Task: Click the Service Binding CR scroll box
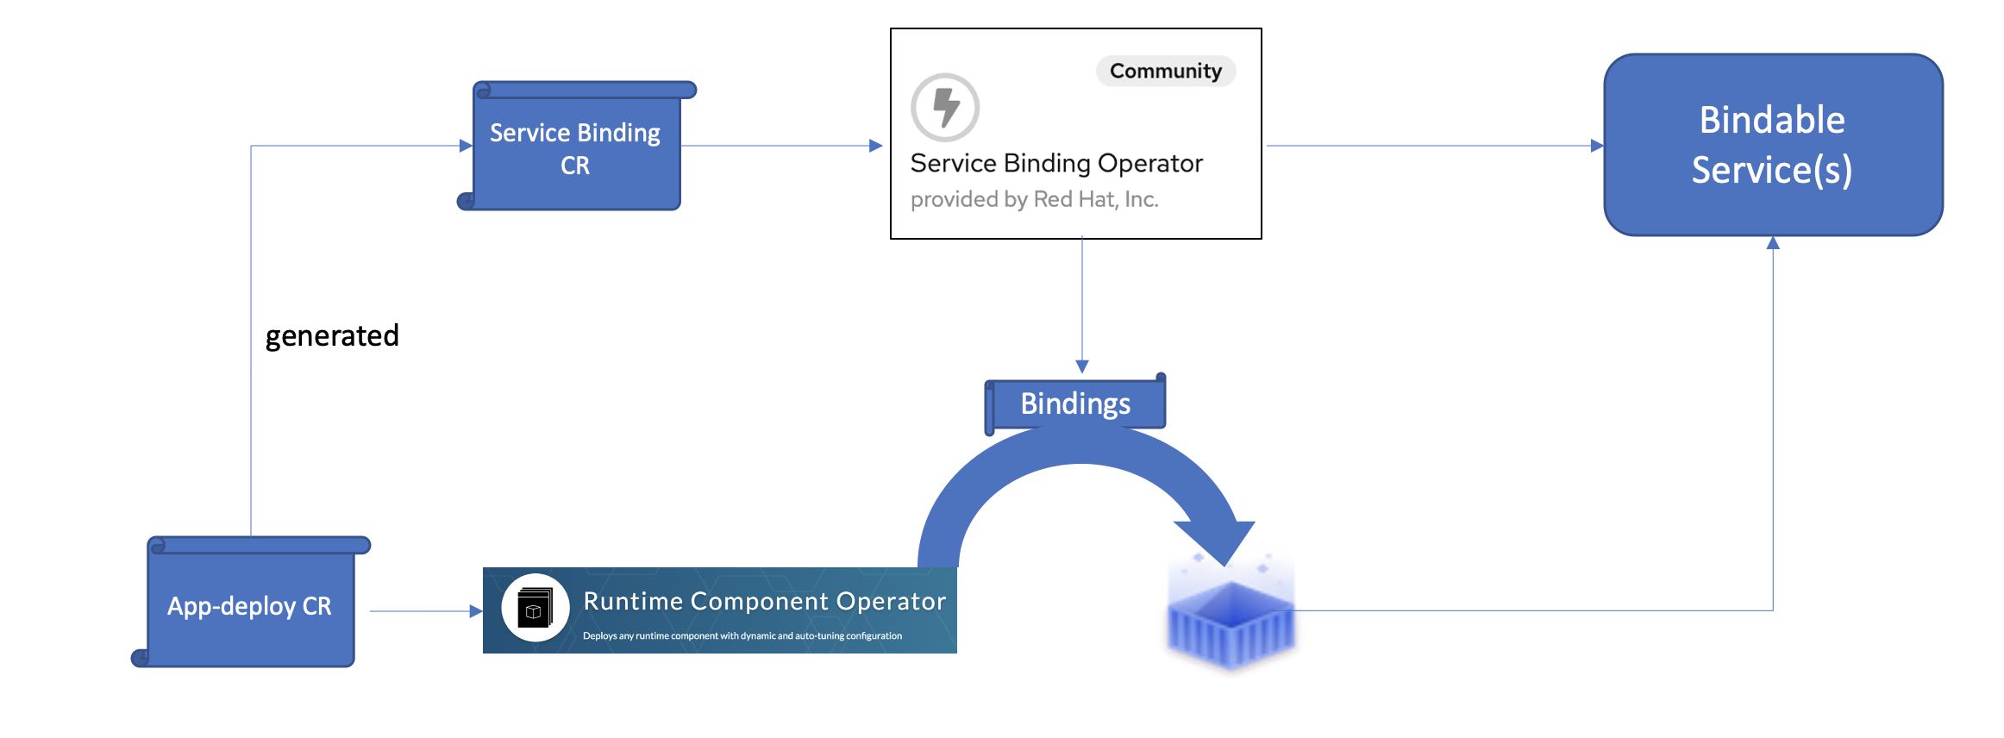pos(576,148)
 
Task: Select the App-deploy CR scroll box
pos(250,606)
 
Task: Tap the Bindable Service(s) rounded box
pos(1773,145)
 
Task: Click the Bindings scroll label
pos(1075,403)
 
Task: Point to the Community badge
pos(1165,71)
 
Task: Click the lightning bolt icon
pos(946,107)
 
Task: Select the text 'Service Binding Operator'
pos(1056,163)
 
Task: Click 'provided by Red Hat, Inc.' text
pos(1034,199)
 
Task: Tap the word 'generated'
pos(332,335)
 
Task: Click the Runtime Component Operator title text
pos(764,601)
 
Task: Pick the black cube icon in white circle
pos(535,608)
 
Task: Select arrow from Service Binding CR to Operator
pos(780,146)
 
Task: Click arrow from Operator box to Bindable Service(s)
pos(1431,146)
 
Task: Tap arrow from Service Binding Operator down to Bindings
pos(1082,302)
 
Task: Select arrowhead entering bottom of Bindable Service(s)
pos(1773,243)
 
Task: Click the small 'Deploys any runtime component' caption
pos(742,636)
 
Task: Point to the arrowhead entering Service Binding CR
pos(466,146)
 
